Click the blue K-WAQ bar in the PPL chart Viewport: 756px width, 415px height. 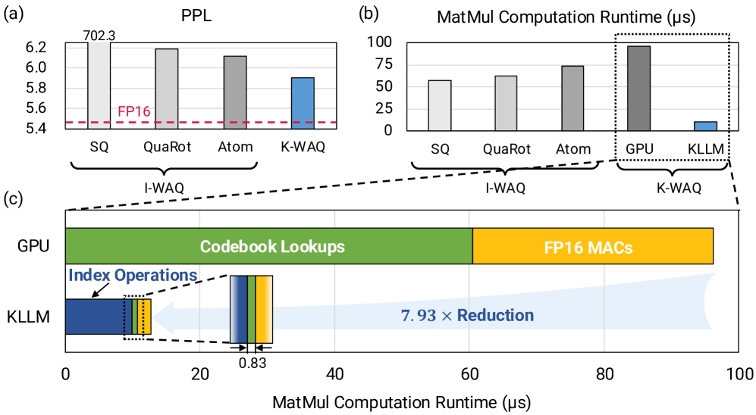pyautogui.click(x=302, y=103)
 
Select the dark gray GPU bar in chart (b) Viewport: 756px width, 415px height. pyautogui.click(x=638, y=88)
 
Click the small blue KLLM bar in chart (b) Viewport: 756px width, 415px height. pyautogui.click(x=705, y=126)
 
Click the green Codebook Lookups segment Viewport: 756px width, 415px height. pyautogui.click(x=269, y=247)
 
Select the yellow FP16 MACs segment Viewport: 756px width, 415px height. pyautogui.click(x=593, y=247)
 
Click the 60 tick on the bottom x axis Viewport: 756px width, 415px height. pyautogui.click(x=469, y=373)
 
